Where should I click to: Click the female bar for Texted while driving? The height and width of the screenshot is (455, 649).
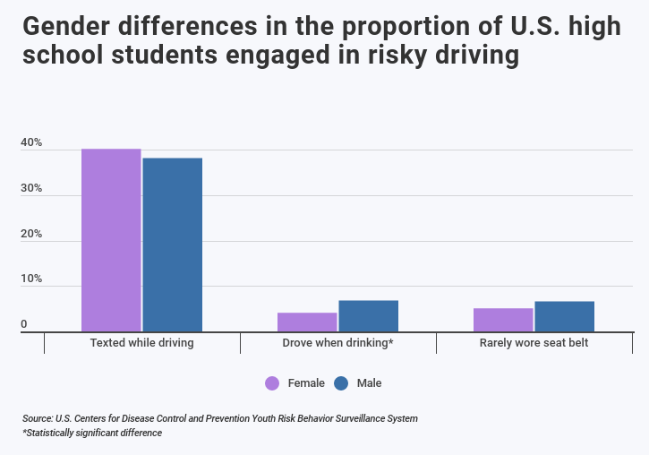111,240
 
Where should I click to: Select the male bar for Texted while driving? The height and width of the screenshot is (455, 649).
172,245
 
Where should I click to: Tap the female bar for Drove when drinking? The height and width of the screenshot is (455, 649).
307,322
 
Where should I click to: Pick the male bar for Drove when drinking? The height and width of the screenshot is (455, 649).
368,316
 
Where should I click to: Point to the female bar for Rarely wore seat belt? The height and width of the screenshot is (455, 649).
503,320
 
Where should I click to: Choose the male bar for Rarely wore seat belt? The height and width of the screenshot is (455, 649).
564,316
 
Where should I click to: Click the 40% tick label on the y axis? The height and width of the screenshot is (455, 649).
31,143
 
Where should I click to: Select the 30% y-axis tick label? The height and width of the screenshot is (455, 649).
31,189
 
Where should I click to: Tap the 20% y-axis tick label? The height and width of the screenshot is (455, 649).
31,234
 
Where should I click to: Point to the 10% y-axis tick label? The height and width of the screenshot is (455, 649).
31,279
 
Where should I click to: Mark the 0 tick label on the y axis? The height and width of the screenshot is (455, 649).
24,324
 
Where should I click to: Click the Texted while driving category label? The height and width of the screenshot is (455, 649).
141,343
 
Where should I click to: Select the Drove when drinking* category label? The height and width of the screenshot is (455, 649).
337,343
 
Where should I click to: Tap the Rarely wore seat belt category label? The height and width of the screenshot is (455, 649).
534,343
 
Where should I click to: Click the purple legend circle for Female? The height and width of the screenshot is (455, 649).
272,383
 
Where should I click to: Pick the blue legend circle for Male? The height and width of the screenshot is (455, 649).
341,383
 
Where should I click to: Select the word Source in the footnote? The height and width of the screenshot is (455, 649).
37,418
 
